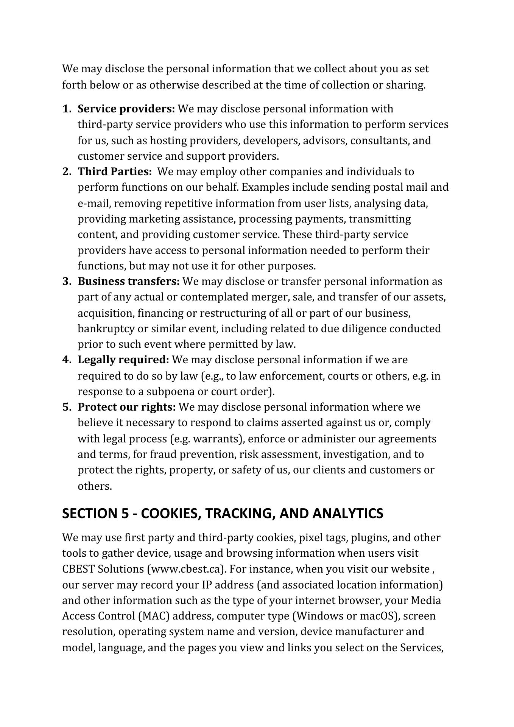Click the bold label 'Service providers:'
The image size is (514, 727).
pos(126,109)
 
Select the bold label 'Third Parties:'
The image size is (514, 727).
pos(115,172)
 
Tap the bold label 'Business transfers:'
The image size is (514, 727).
pos(129,282)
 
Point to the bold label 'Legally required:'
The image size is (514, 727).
pos(123,360)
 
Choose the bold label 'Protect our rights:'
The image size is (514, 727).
pos(127,407)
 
